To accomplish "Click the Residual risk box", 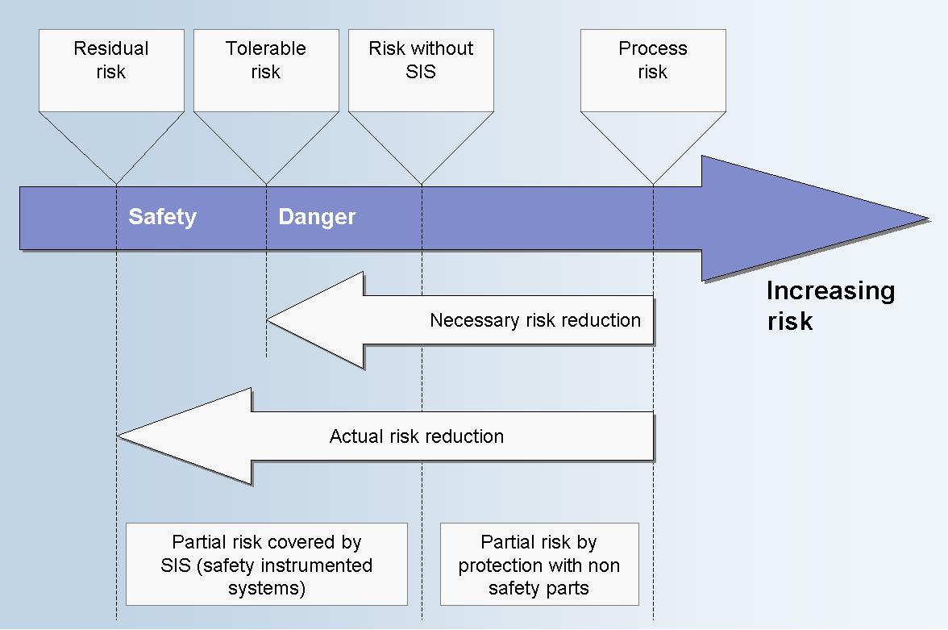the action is [111, 70].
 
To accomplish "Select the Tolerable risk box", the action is [266, 70].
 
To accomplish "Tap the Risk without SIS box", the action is [421, 70].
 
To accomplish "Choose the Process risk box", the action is [653, 70].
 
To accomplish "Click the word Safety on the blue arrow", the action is [163, 217].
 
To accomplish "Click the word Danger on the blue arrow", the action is [317, 217].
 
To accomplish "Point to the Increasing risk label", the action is [830, 306].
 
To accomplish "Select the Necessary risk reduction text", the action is [535, 320].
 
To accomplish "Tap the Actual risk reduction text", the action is [417, 436].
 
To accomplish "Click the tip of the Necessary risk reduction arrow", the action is [268, 320].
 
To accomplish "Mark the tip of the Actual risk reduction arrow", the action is [118, 436].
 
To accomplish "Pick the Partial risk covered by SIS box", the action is [267, 564].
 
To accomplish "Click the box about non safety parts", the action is [539, 564].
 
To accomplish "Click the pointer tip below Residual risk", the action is [116, 184].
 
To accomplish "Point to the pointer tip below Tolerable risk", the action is [266, 184].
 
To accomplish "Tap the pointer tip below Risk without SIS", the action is [422, 184].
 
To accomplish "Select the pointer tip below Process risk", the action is [653, 184].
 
